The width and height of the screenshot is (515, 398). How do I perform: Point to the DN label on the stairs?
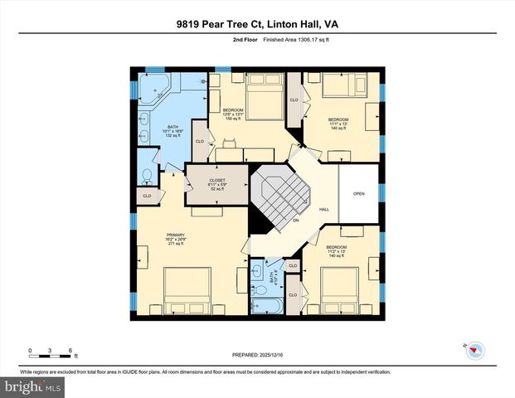(294, 221)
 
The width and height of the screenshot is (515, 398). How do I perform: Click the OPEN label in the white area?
(358, 194)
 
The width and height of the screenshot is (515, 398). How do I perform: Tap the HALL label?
(324, 209)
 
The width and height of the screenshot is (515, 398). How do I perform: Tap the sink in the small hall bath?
(257, 271)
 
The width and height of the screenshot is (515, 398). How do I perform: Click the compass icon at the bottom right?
(473, 350)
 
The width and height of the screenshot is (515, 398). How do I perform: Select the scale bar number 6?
(70, 349)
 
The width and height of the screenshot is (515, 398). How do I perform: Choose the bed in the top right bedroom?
(340, 85)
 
